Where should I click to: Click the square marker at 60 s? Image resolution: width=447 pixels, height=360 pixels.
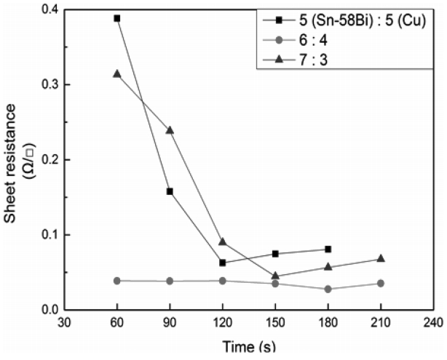pos(117,18)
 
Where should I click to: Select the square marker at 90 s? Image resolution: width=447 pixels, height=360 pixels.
pos(170,191)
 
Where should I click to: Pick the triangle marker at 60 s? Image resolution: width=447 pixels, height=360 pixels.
pos(117,73)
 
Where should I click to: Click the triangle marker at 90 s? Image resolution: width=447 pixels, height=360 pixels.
pos(170,130)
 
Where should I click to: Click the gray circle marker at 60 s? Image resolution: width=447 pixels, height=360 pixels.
pos(117,281)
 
